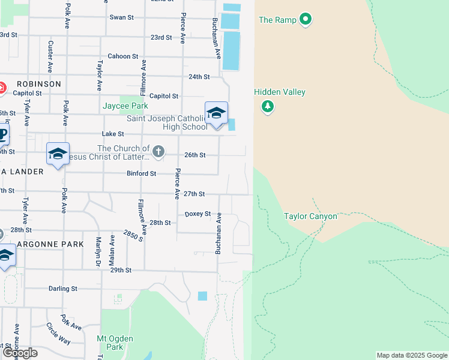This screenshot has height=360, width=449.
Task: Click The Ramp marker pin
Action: [x=306, y=20]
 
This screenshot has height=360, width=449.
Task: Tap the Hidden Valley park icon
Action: [x=267, y=107]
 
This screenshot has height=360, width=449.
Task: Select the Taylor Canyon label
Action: [x=310, y=216]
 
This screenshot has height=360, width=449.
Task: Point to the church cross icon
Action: [x=158, y=151]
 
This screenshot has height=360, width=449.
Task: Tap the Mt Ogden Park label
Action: [x=110, y=343]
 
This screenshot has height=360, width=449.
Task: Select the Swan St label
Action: [x=121, y=17]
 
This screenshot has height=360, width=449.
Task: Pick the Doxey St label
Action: [x=197, y=214]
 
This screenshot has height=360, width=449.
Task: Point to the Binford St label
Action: [x=141, y=173]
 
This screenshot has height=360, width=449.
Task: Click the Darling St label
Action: [x=62, y=289]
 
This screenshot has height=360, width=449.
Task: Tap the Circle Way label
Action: [x=58, y=334]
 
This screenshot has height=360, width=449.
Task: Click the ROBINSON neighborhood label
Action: [x=39, y=84]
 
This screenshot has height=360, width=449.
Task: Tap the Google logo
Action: [x=20, y=353]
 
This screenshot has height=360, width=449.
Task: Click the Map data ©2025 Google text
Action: [x=412, y=356]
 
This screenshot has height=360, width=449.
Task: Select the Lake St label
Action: [x=113, y=134]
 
